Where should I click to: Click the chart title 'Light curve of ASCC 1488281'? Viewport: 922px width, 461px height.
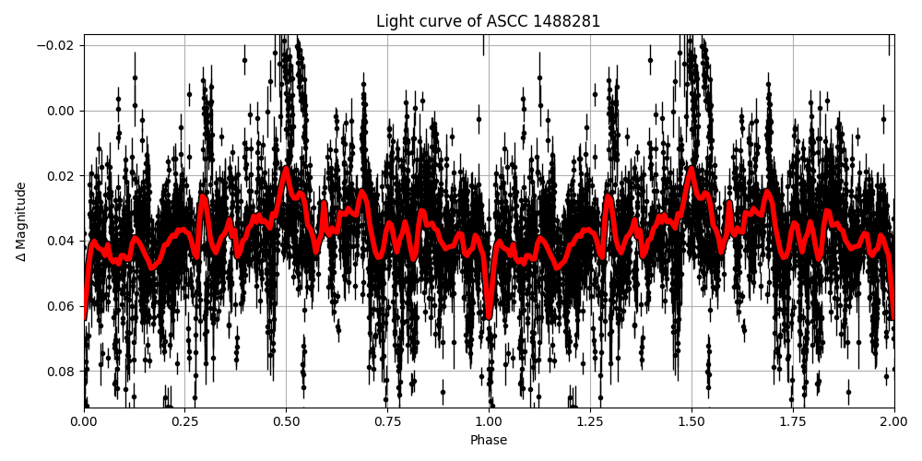[x=488, y=21]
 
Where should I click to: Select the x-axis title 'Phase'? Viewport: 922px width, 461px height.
[x=488, y=441]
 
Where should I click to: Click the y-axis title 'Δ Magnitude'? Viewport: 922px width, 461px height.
[x=21, y=221]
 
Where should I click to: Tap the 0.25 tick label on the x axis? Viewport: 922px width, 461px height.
[x=184, y=421]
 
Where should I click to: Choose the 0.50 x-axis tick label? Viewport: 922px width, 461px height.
[x=286, y=421]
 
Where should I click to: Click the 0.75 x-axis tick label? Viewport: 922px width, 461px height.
[x=387, y=421]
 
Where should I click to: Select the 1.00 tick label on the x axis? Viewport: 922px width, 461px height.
[x=489, y=421]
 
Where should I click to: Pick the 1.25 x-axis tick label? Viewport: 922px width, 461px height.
[x=590, y=421]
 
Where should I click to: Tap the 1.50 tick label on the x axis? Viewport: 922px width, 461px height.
[x=691, y=421]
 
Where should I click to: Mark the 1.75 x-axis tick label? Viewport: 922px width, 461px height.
[x=793, y=421]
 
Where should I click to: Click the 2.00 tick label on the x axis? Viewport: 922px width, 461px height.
[x=893, y=421]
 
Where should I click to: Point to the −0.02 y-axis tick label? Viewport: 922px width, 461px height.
[x=55, y=46]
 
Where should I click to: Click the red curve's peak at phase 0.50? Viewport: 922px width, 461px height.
[x=286, y=170]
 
